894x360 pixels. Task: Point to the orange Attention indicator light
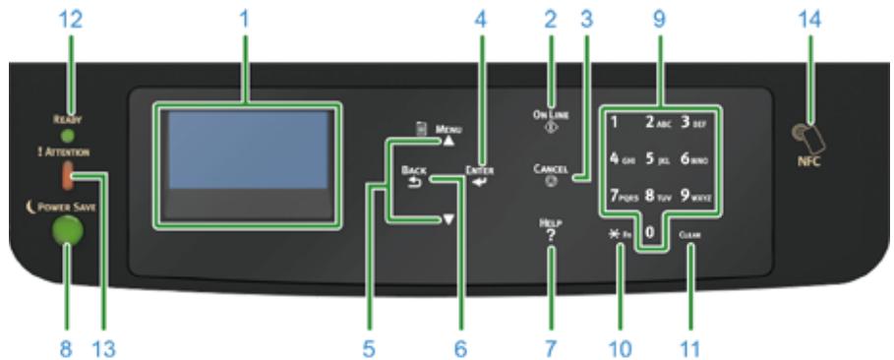point(67,176)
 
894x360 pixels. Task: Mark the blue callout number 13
point(105,347)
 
